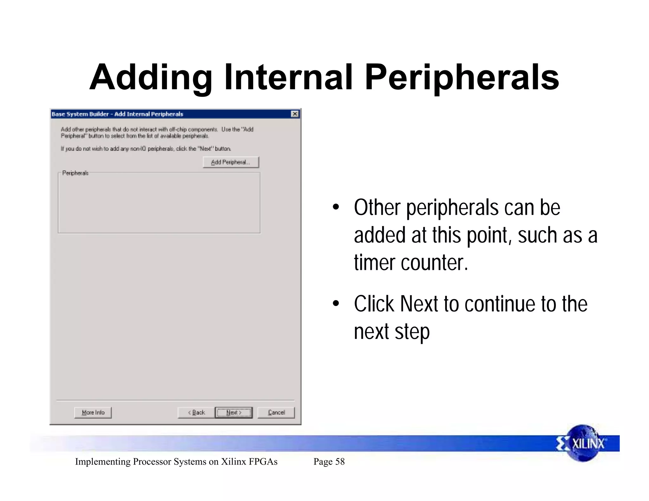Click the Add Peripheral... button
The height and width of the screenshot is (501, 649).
coord(231,162)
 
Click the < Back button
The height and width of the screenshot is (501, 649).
coord(196,412)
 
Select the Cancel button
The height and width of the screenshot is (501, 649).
coord(276,412)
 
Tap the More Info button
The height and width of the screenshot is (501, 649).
coord(93,412)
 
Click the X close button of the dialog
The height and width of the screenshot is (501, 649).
coord(295,114)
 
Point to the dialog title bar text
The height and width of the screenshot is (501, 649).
coord(118,114)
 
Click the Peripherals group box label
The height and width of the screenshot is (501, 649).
coord(75,173)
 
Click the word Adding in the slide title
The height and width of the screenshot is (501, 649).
coord(151,78)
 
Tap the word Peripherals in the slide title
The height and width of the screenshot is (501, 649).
coord(462,78)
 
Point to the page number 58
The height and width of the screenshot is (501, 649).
coord(340,461)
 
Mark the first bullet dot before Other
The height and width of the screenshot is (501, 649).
coord(336,208)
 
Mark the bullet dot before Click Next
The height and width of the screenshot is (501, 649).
coord(336,304)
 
